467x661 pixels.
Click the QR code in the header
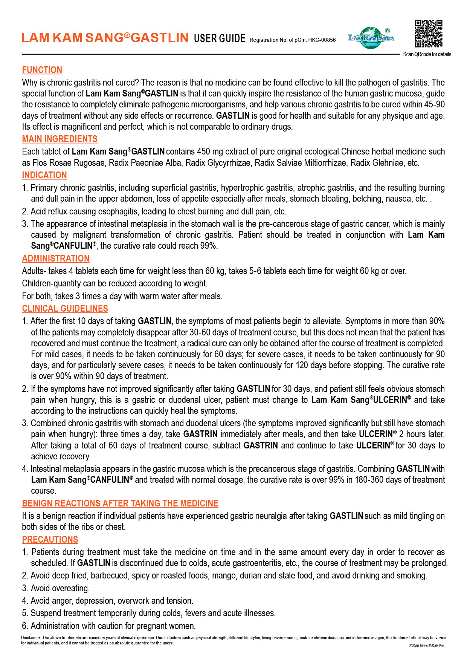429,34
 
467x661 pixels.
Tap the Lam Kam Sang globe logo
371,38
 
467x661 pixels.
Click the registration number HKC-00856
322,40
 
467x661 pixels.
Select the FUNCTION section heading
42,70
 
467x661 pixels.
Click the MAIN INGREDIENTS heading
60,139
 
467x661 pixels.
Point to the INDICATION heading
44,175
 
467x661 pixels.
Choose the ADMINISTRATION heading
56,259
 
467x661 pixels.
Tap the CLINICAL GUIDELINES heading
65,309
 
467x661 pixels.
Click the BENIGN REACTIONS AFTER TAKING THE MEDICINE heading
120,503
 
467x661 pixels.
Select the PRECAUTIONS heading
50,540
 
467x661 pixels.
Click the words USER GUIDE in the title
220,38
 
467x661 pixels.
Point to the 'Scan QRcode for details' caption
427,54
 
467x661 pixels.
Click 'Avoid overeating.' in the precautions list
60,588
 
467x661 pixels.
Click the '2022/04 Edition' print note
418,646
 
